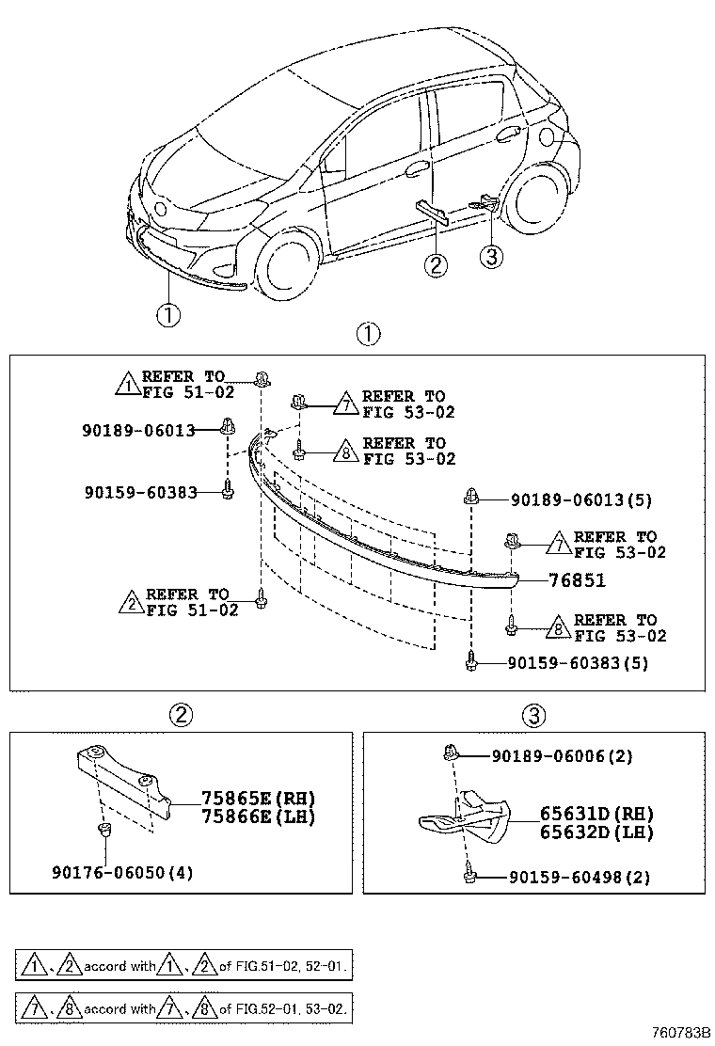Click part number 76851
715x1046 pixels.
(576, 581)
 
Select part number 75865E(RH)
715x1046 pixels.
(257, 799)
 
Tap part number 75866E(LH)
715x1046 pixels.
(257, 817)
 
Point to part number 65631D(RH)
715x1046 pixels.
(596, 814)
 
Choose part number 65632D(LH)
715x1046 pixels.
(596, 832)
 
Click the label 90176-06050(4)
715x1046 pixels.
(122, 872)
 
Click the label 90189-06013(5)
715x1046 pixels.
(594, 500)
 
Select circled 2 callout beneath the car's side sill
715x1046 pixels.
(435, 265)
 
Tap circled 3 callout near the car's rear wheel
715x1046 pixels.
(491, 255)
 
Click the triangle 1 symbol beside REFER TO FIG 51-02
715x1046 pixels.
(126, 384)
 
